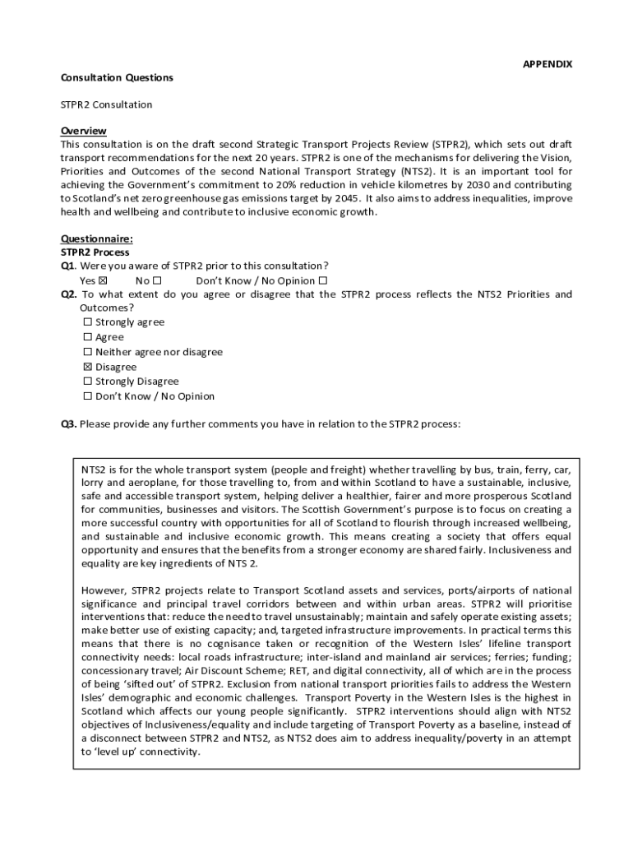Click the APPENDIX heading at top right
coord(548,64)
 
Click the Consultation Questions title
coord(117,77)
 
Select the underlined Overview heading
coord(84,132)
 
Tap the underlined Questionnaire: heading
coord(97,238)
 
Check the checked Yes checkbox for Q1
coord(103,280)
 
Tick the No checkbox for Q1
coord(156,280)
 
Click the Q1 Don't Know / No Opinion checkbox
coord(323,280)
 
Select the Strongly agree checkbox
coord(88,322)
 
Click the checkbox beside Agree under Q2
coord(88,337)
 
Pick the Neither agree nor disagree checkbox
coord(88,352)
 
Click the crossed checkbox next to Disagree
coord(88,367)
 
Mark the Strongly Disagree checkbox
coord(88,382)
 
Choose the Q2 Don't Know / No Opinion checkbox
coord(88,396)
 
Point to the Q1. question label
coord(69,266)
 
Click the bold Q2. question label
coord(69,294)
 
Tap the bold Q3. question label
coord(69,424)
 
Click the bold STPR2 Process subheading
coord(95,252)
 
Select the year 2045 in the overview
coord(347,198)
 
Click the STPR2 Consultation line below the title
coord(107,104)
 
